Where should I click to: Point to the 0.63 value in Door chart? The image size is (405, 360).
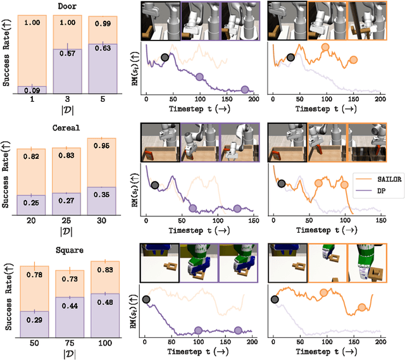point(104,46)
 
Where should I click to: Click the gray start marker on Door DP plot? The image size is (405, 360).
point(165,58)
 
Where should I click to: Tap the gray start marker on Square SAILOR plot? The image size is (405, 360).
point(275,299)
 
